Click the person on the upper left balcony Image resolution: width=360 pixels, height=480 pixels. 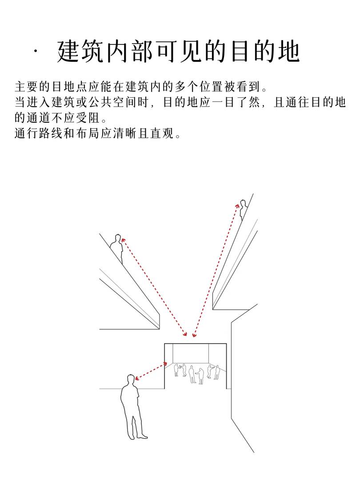[116, 248]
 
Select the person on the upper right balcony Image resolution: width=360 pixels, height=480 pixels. [244, 209]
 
